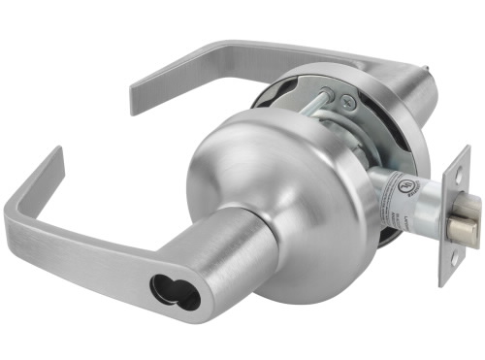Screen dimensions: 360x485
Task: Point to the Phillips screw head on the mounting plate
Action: tap(348, 98)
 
